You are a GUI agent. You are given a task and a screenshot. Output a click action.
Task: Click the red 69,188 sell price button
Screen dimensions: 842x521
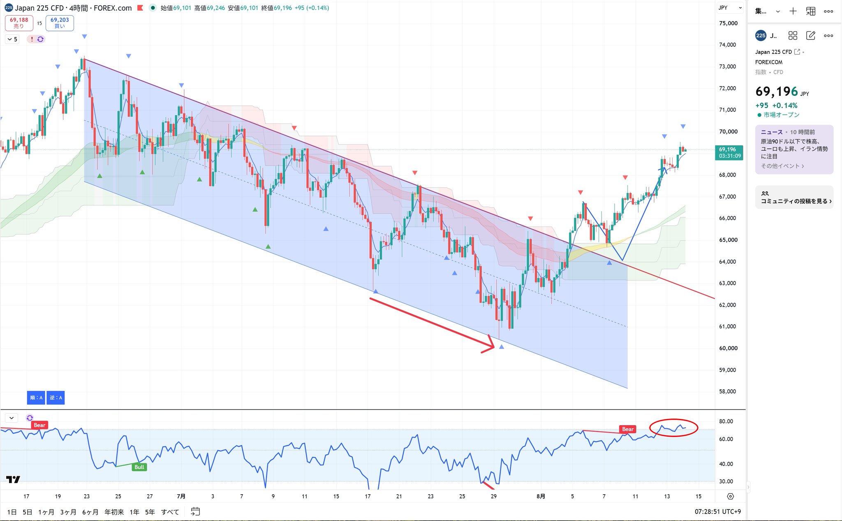[19, 23]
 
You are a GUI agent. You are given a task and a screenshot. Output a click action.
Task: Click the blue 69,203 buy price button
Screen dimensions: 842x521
[60, 23]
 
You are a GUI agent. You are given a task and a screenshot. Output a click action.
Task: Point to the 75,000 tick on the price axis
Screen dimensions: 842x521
[728, 23]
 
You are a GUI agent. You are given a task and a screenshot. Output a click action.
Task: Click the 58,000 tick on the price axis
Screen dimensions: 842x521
[728, 391]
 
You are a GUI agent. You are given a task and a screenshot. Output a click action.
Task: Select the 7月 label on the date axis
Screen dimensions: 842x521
[181, 496]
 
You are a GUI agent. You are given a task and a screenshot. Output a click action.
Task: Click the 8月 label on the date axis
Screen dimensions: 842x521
[541, 496]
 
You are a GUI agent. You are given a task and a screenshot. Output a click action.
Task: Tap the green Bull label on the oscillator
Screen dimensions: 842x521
[139, 467]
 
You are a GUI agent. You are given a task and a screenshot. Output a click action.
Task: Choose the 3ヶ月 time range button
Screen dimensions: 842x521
[68, 512]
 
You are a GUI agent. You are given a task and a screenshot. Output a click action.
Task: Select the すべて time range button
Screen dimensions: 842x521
[170, 512]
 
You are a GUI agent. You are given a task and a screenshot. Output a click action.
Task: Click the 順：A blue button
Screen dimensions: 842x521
[36, 398]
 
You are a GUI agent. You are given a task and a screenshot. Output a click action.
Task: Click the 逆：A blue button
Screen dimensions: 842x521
[56, 398]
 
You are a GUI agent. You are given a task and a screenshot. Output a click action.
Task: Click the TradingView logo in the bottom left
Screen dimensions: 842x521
[13, 479]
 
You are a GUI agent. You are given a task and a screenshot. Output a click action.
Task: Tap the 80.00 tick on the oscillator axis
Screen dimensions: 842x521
[726, 421]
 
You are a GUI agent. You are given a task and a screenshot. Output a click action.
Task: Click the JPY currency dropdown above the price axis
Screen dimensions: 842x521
[730, 8]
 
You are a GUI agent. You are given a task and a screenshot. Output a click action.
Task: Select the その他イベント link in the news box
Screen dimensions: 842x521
[782, 166]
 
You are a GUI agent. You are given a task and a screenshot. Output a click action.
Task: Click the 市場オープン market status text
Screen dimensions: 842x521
[781, 115]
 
